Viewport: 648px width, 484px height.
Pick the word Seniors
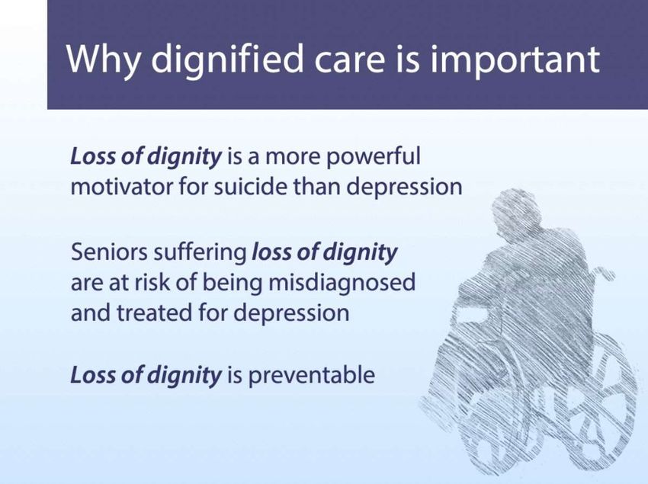coord(109,252)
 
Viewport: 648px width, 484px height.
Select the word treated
coord(154,313)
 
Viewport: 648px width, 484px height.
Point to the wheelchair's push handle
coord(604,272)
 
